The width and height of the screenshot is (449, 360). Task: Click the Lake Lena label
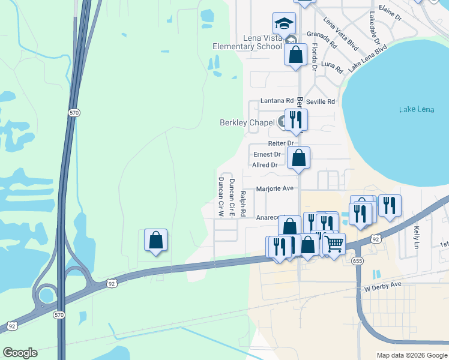click(x=415, y=109)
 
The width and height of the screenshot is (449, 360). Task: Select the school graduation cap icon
click(x=285, y=23)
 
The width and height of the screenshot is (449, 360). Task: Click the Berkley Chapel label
click(x=247, y=122)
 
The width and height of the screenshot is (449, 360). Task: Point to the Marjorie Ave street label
click(x=275, y=188)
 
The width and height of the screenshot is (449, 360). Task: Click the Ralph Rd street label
click(x=243, y=203)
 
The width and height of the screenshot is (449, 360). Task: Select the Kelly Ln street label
click(x=417, y=237)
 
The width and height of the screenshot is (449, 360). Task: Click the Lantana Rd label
click(x=277, y=101)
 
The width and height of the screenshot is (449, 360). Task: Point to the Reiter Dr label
click(x=281, y=143)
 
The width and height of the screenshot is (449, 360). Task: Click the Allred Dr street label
click(x=265, y=165)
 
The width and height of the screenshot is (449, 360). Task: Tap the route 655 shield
click(x=358, y=261)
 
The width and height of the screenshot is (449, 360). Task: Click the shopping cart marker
click(x=334, y=243)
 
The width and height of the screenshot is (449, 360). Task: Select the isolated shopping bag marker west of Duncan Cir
click(x=155, y=240)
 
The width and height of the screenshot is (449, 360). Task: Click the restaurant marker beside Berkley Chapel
click(x=295, y=119)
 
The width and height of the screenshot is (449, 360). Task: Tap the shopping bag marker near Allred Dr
click(x=298, y=158)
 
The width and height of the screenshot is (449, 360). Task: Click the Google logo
click(x=20, y=353)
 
